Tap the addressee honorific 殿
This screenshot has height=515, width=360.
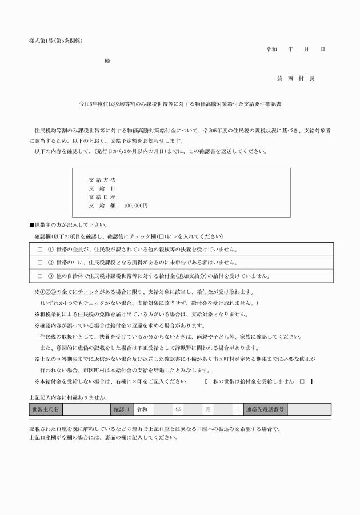[106, 60]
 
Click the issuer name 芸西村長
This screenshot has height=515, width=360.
[295, 78]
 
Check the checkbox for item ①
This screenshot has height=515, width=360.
[40, 250]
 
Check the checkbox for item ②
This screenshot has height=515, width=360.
[40, 263]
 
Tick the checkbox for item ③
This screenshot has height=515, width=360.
[40, 276]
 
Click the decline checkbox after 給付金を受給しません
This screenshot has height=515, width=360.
[302, 380]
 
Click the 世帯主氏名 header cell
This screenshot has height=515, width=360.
[46, 409]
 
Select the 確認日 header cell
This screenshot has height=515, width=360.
[122, 409]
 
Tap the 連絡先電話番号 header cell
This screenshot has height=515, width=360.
[265, 409]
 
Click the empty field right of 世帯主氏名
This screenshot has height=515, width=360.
[86, 409]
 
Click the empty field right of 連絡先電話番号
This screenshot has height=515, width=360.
[309, 409]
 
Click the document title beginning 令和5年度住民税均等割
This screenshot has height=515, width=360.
[179, 105]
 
